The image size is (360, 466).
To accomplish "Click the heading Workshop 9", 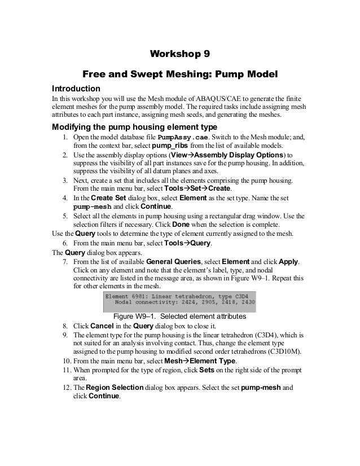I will point(179,54).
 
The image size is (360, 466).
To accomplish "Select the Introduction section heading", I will point(76,89).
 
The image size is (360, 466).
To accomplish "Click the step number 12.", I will point(65,388).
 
